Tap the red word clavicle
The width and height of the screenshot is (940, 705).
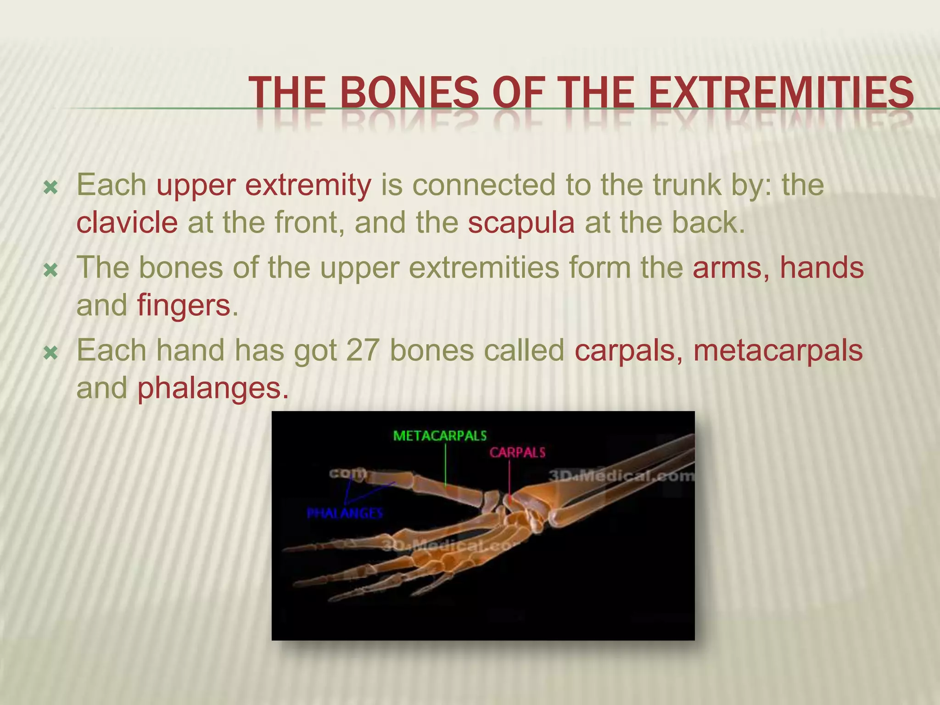tap(127, 223)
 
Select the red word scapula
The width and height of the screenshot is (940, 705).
tap(521, 223)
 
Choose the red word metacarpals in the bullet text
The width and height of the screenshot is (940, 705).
tap(778, 351)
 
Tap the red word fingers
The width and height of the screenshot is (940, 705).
tap(184, 306)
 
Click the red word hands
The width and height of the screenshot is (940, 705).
tap(822, 268)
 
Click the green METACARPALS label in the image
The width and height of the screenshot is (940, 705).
tap(440, 436)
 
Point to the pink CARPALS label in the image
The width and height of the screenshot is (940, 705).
tap(517, 453)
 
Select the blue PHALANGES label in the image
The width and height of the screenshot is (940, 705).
tap(345, 513)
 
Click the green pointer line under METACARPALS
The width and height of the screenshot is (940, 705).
tap(445, 466)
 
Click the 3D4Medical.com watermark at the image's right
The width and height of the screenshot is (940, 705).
tap(622, 476)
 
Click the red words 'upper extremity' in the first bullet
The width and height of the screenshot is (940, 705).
tap(264, 185)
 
